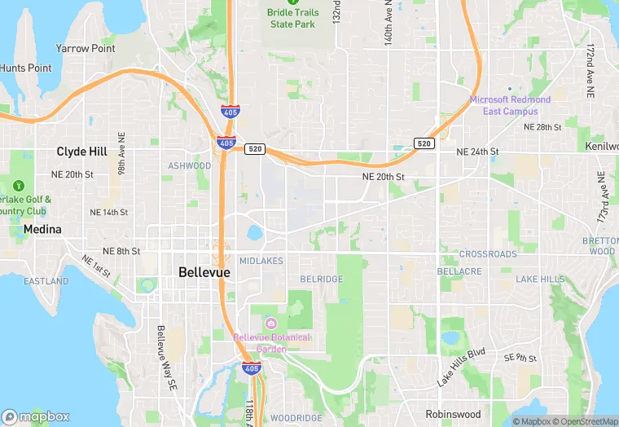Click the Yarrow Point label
pyautogui.click(x=85, y=49)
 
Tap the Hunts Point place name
pyautogui.click(x=25, y=68)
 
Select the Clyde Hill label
pyautogui.click(x=82, y=152)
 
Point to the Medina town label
pyautogui.click(x=42, y=230)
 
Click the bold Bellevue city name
pyautogui.click(x=204, y=272)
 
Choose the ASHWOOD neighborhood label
pyautogui.click(x=189, y=166)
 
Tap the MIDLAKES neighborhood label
pyautogui.click(x=261, y=261)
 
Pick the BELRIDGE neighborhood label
pyautogui.click(x=322, y=280)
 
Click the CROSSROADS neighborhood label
pyautogui.click(x=488, y=254)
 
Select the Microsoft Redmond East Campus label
pyautogui.click(x=510, y=105)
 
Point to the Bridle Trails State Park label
pyautogui.click(x=292, y=19)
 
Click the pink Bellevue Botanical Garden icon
pyautogui.click(x=270, y=324)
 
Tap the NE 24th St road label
pyautogui.click(x=477, y=152)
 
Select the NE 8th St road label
pyautogui.click(x=121, y=251)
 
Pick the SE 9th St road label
pyautogui.click(x=521, y=358)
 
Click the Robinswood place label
pyautogui.click(x=453, y=414)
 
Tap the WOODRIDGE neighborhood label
pyautogui.click(x=296, y=418)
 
